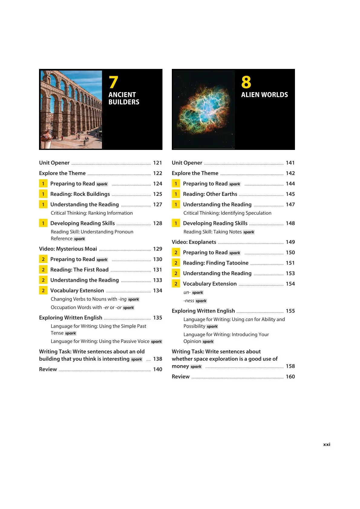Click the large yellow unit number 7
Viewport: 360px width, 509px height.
click(113, 82)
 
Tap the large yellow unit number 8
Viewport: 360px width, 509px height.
click(246, 82)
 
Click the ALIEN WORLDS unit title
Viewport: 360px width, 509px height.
click(264, 95)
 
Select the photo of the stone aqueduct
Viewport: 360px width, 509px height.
click(71, 109)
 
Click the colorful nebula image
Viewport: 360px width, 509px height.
click(204, 109)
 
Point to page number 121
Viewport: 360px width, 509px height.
click(158, 163)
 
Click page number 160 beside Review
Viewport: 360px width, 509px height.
click(290, 377)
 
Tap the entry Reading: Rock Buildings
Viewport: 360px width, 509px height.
click(80, 194)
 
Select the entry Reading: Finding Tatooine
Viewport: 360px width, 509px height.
click(215, 263)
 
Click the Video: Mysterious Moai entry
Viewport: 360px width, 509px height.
click(68, 249)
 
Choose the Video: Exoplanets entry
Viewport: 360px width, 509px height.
click(194, 242)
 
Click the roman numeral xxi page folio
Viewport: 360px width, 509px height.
click(326, 444)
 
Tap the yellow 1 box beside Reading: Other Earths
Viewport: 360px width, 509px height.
click(176, 194)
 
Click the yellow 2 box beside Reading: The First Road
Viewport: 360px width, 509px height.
click(43, 270)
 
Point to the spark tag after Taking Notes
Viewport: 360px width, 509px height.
click(249, 232)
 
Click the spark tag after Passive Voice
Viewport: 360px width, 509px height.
click(156, 342)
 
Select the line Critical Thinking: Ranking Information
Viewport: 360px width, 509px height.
click(92, 213)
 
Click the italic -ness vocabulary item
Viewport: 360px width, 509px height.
click(189, 301)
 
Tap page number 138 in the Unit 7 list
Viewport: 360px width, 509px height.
click(158, 359)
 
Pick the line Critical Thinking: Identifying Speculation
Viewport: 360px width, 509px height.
click(227, 213)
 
